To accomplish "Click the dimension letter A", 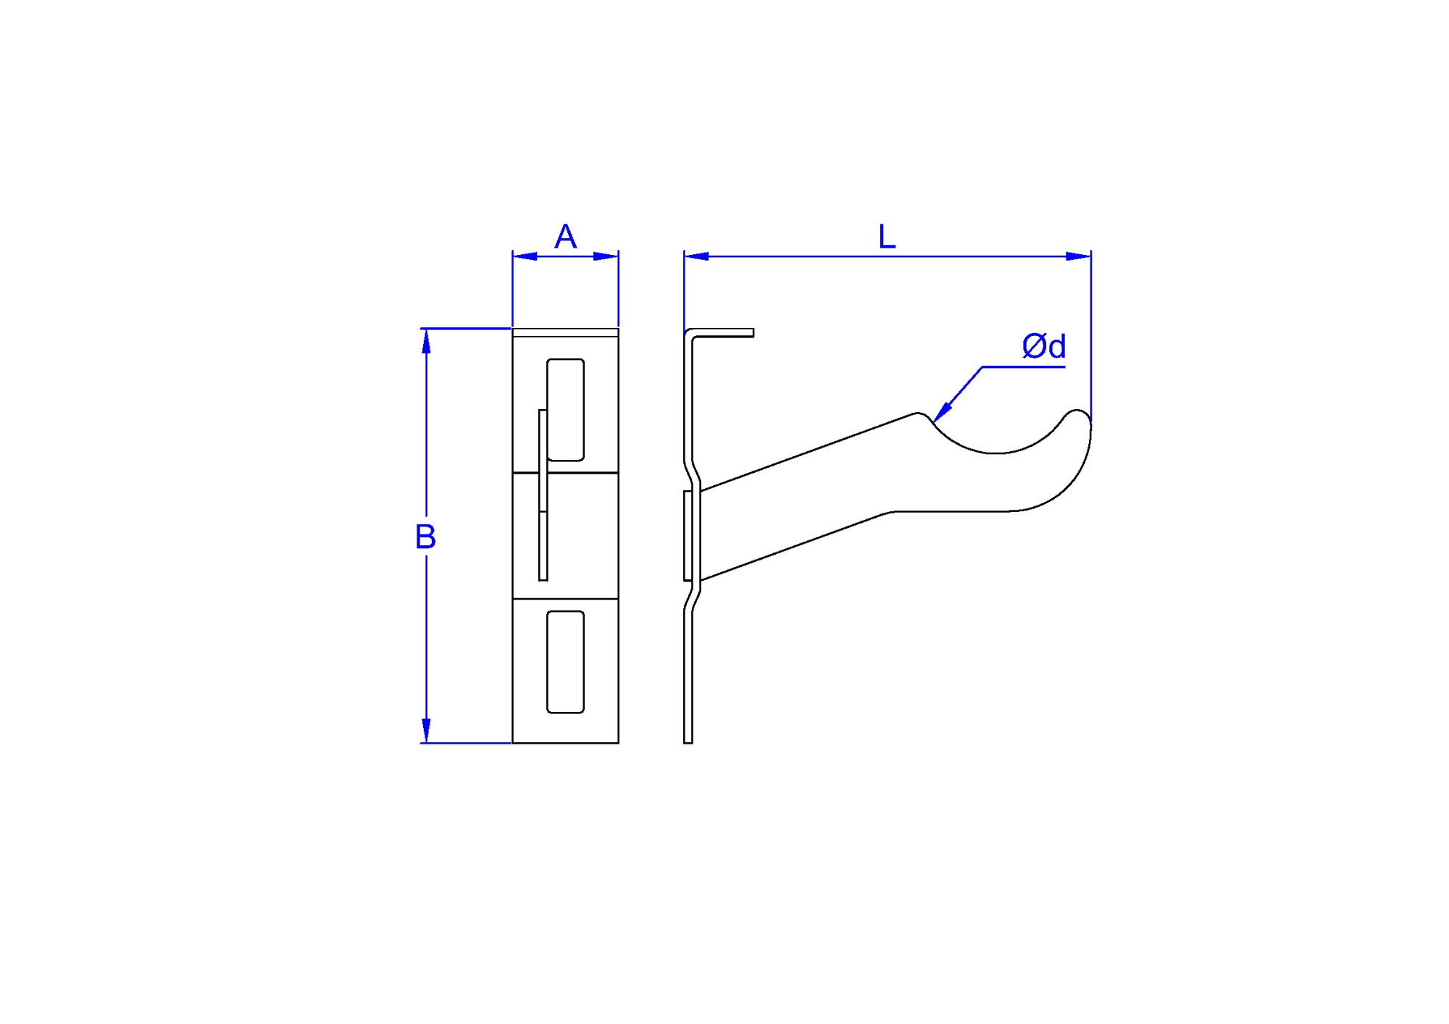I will click(x=565, y=237).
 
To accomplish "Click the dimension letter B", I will click(x=425, y=537).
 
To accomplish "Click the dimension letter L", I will click(x=887, y=237).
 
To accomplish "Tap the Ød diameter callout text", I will click(x=1043, y=346).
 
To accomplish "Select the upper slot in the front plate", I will click(x=565, y=409).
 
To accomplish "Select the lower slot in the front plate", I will click(x=565, y=661).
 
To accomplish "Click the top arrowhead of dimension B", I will click(x=426, y=340).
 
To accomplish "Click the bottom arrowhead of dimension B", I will click(x=426, y=731).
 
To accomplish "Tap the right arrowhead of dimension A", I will click(x=606, y=256).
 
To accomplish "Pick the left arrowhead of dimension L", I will click(x=696, y=256).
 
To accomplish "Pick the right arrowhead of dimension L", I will click(x=1079, y=256).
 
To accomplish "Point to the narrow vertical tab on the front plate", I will click(x=543, y=495).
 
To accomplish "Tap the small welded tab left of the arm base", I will click(x=688, y=535).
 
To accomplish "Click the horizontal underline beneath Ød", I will click(x=1023, y=367).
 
